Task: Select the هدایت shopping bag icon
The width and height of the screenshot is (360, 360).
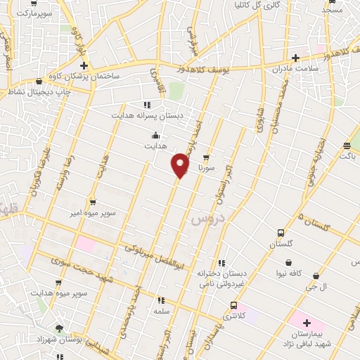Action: tap(155, 136)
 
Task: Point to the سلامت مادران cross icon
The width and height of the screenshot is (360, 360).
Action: tap(295, 58)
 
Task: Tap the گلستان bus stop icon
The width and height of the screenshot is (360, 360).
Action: tap(281, 233)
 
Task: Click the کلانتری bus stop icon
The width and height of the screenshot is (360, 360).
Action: tap(233, 305)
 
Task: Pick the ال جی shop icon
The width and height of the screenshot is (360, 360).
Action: tap(316, 276)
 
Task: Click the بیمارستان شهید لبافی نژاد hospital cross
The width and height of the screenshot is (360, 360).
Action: tap(307, 323)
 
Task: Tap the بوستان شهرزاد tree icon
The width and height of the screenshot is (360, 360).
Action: tap(59, 328)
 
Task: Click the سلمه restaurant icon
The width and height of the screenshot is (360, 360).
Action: tap(161, 300)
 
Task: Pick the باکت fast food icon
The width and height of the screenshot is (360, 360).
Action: tap(346, 146)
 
